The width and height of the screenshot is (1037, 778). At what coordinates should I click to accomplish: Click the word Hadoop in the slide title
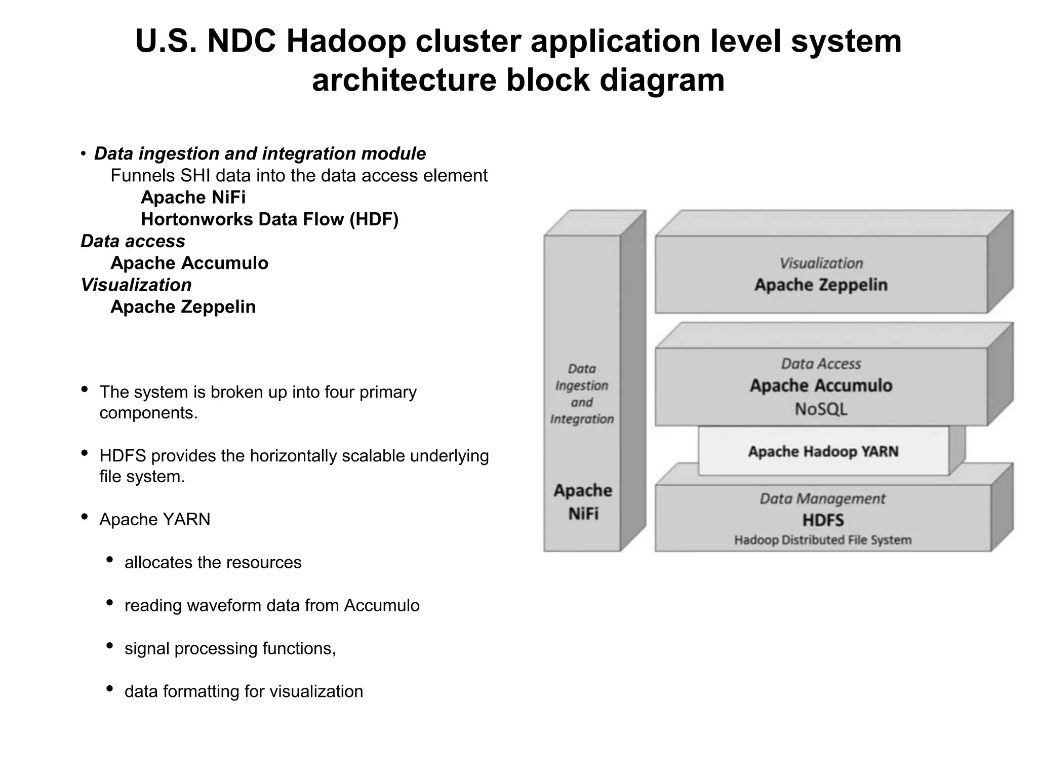click(346, 42)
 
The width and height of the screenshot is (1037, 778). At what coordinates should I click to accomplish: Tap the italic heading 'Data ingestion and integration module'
click(260, 153)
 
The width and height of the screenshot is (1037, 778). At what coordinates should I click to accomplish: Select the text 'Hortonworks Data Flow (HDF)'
click(269, 219)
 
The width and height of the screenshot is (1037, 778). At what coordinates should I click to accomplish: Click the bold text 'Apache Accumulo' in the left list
click(189, 263)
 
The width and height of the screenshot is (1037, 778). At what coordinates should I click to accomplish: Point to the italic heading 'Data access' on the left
click(133, 241)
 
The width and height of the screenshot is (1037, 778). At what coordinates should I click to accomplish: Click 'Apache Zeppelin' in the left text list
click(183, 307)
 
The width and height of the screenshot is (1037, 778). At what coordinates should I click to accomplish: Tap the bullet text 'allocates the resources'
click(213, 562)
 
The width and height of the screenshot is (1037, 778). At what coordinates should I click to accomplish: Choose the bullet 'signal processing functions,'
click(230, 648)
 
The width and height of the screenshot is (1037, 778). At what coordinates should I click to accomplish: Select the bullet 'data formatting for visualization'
click(244, 691)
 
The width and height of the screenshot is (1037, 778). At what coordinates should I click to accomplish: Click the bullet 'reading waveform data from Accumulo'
click(272, 605)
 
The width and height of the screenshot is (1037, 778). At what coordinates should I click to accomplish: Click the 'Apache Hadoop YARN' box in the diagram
click(823, 451)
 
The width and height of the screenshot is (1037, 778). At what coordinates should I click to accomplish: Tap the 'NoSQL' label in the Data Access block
click(821, 409)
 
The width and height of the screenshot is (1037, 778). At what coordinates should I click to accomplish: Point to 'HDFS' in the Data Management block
click(823, 520)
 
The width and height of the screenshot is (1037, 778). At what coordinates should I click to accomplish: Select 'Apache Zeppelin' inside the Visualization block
click(821, 285)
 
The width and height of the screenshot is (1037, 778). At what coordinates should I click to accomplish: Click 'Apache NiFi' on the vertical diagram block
click(583, 502)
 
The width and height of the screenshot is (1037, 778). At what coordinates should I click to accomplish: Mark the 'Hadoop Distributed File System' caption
click(823, 540)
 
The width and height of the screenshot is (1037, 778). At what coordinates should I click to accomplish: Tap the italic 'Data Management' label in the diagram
click(823, 499)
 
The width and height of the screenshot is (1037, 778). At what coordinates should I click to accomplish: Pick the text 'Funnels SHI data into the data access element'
click(299, 176)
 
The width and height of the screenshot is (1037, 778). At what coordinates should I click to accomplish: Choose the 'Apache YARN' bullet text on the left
click(154, 520)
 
